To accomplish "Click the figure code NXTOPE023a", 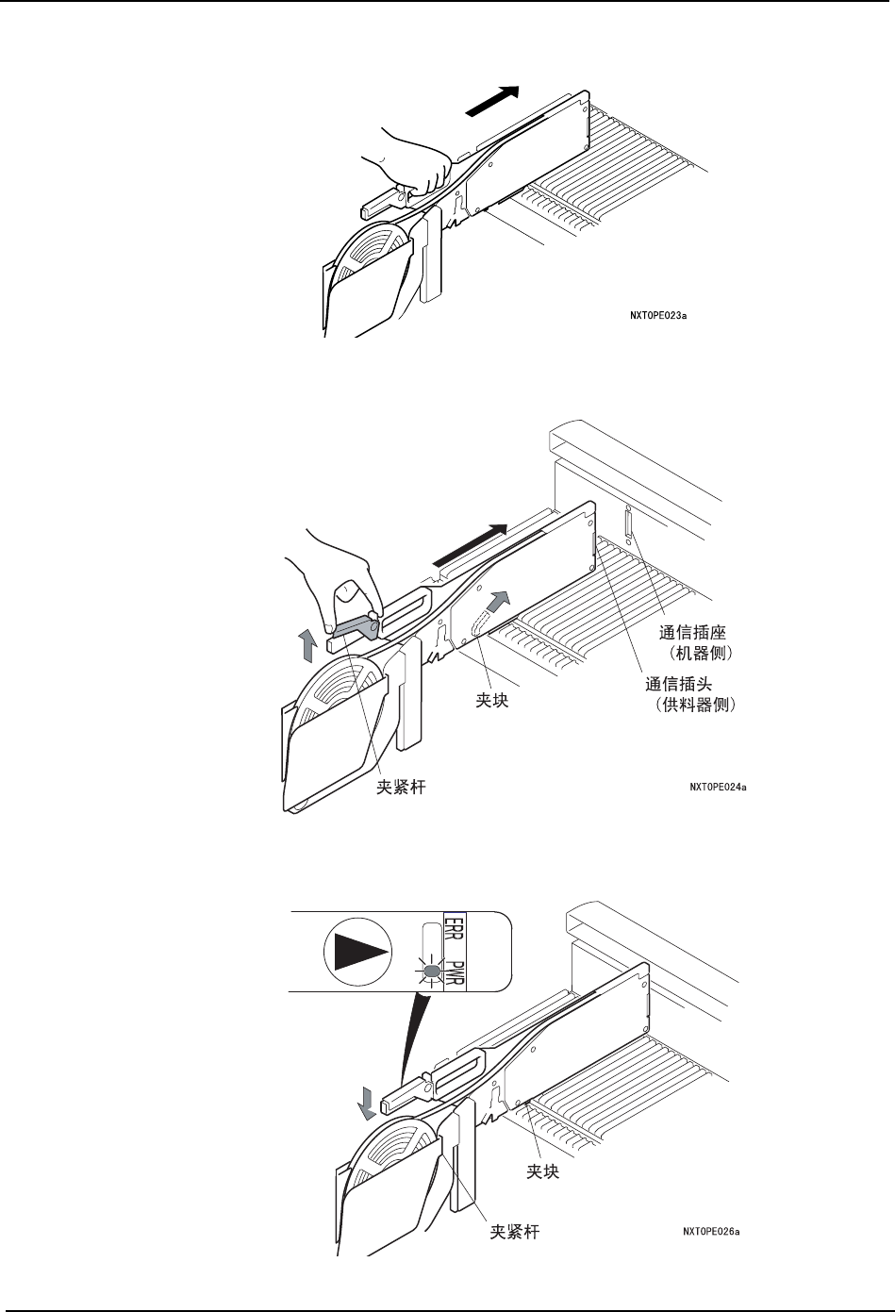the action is [656, 317].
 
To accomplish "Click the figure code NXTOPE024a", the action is [718, 786].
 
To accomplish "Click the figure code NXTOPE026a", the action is [710, 1230].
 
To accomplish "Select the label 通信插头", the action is [679, 685].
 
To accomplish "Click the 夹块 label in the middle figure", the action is [491, 702].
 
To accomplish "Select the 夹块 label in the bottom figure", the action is [542, 1171].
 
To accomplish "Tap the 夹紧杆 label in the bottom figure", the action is [515, 1231].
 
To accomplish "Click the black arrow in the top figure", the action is [492, 101].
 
